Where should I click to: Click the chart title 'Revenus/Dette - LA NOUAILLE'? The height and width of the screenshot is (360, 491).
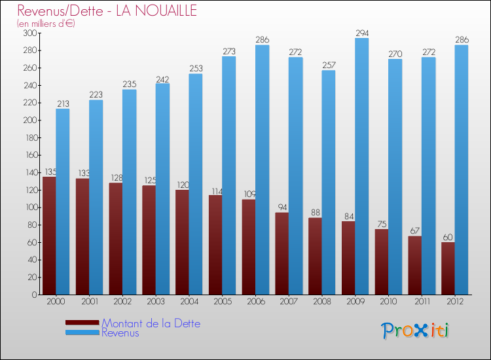coord(107,11)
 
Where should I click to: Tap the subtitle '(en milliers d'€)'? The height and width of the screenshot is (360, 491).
coord(46,24)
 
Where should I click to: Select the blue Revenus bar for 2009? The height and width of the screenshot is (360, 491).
coord(361,166)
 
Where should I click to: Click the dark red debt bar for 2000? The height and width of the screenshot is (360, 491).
coord(49,236)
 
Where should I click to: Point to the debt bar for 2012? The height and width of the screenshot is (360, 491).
coord(448,268)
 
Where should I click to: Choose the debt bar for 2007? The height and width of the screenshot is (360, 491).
coord(282,253)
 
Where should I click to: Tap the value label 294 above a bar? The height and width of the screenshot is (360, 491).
coord(362,32)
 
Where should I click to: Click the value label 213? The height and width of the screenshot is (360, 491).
coord(63,103)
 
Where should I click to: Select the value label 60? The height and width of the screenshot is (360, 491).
coord(448,237)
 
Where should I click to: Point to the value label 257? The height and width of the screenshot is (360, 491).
coord(329,65)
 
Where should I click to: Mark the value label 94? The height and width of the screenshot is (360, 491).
coord(282,207)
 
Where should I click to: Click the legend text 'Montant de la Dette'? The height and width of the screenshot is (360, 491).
coord(151,323)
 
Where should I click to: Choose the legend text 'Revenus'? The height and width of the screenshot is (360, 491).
coord(120,333)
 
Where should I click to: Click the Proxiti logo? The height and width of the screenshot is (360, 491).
coord(414,331)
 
